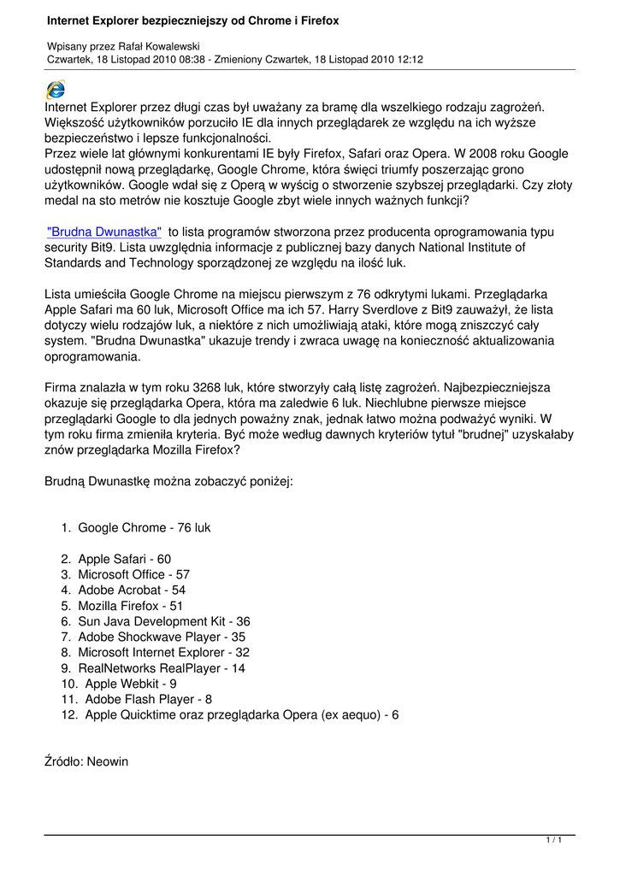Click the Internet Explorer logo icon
pyautogui.click(x=55, y=89)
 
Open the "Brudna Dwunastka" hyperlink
pyautogui.click(x=104, y=232)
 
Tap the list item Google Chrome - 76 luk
pyautogui.click(x=144, y=528)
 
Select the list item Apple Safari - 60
pyautogui.click(x=124, y=559)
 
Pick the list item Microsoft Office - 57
pyautogui.click(x=133, y=574)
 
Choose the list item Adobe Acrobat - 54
pyautogui.click(x=131, y=590)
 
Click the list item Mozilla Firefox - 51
pyautogui.click(x=130, y=606)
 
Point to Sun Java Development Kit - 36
pyautogui.click(x=163, y=621)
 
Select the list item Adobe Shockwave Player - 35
pyautogui.click(x=162, y=637)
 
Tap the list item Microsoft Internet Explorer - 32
pyautogui.click(x=163, y=652)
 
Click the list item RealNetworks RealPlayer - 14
pyautogui.click(x=162, y=668)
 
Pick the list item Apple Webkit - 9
pyautogui.click(x=131, y=684)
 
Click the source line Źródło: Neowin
pyautogui.click(x=86, y=760)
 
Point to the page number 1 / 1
pyautogui.click(x=554, y=842)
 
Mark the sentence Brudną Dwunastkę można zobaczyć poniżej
pyautogui.click(x=168, y=481)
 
